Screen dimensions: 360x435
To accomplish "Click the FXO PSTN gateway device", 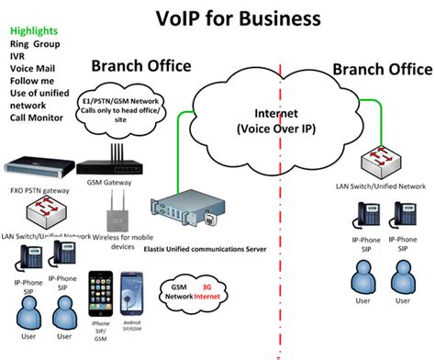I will [x=37, y=171].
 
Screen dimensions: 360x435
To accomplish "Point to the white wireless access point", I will [x=116, y=219].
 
